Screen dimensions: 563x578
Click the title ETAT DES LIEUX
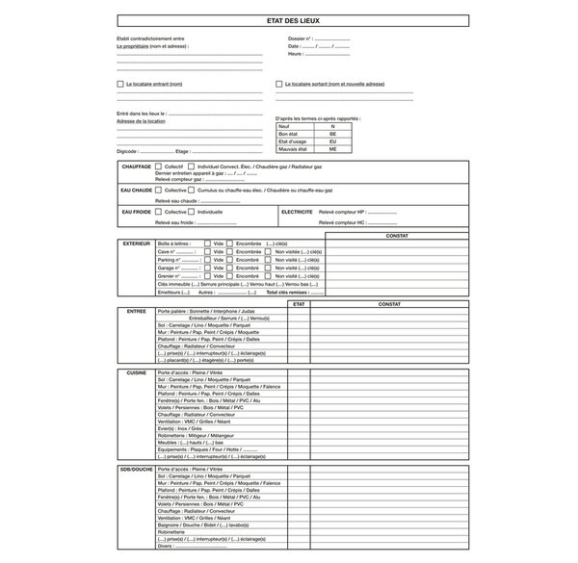coord(289,20)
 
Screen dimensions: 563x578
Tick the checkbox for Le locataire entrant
coord(119,84)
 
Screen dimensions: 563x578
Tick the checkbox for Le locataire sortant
coord(279,84)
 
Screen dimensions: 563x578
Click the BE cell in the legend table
coord(332,135)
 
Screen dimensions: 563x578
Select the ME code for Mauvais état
coord(332,150)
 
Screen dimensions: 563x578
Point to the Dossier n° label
coord(300,38)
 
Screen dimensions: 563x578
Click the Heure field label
coord(294,54)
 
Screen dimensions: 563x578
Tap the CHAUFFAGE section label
coord(136,166)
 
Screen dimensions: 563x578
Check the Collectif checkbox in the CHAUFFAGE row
coord(158,166)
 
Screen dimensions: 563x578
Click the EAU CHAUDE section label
coord(136,191)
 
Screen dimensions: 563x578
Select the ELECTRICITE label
coord(296,211)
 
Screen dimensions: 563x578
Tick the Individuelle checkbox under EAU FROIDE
coord(193,211)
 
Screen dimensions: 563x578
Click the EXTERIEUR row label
coord(136,244)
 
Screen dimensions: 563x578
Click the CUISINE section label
coord(136,371)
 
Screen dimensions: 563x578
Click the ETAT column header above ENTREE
coord(299,304)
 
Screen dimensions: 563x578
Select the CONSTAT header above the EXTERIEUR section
coord(396,236)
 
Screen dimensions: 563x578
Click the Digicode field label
coord(126,151)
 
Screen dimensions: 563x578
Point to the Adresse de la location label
coord(141,121)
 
